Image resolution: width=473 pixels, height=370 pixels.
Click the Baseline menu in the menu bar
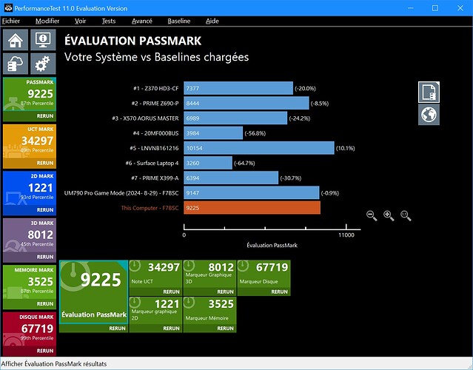coord(178,21)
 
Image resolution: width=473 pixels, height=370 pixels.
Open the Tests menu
coord(108,21)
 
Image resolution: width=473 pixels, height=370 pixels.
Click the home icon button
coord(16,40)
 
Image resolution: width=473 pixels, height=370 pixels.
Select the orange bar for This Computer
coord(252,208)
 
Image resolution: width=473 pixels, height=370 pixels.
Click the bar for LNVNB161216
coord(259,148)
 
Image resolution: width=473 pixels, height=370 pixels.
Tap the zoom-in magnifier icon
coord(389,215)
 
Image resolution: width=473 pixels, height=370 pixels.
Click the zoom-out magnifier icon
coord(372,215)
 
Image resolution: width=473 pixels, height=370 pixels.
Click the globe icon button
coord(429,114)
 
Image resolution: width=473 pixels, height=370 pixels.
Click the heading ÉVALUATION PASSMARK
coord(121,41)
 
